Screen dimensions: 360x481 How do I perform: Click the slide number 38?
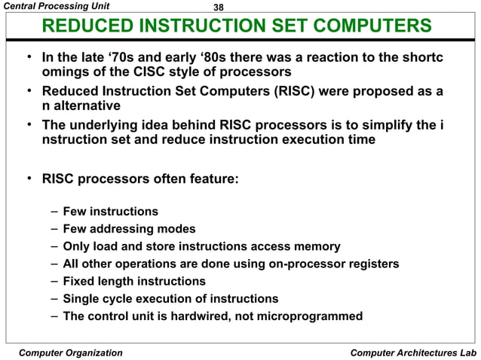click(x=219, y=7)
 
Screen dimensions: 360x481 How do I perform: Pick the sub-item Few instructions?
click(x=110, y=212)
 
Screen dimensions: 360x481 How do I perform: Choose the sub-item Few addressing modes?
click(x=129, y=229)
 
